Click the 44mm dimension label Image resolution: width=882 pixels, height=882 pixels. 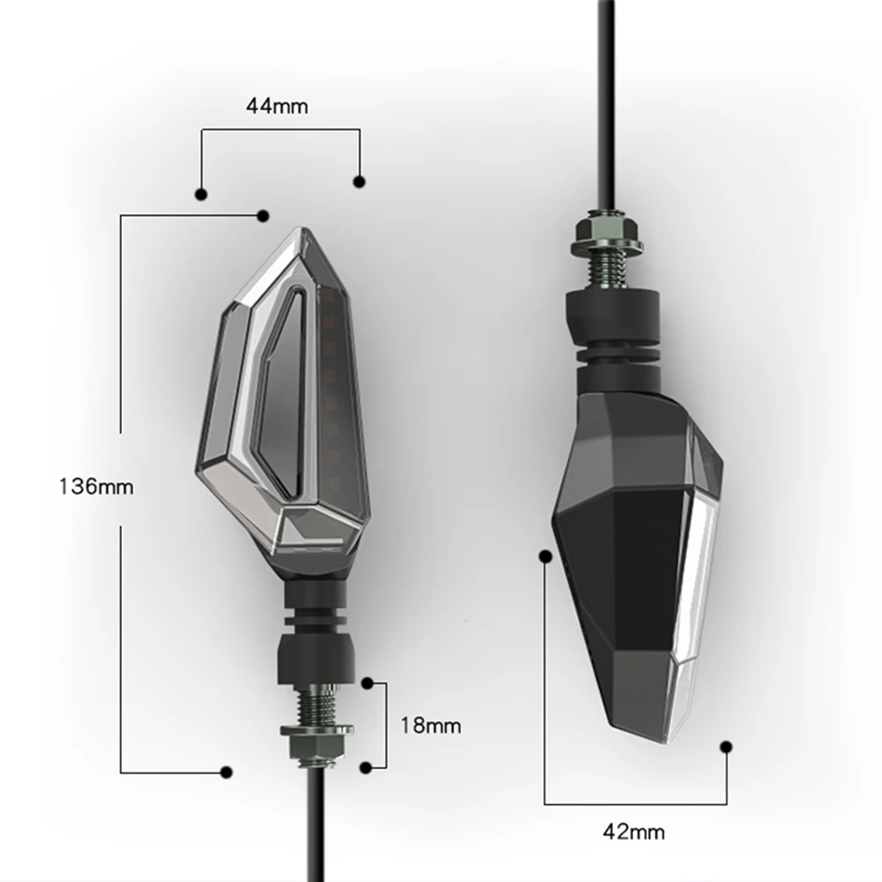click(277, 107)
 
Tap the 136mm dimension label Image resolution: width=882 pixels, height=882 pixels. click(96, 487)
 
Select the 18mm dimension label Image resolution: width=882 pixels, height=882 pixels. click(431, 726)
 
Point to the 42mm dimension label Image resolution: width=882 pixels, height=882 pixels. click(634, 832)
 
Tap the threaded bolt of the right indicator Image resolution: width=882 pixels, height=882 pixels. click(609, 268)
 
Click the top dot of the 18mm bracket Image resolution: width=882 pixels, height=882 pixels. click(367, 684)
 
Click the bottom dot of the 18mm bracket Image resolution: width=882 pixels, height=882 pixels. click(366, 767)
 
